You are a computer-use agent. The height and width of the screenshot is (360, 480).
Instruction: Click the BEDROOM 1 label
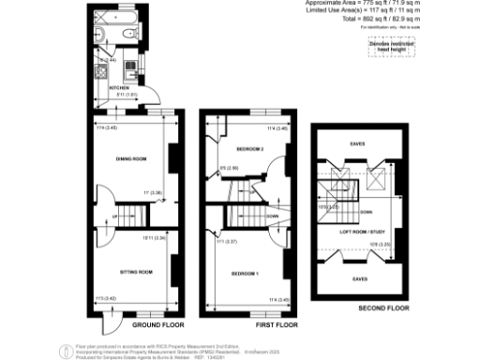(x=245, y=272)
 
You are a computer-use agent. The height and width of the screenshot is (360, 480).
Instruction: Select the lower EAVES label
(x=359, y=278)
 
